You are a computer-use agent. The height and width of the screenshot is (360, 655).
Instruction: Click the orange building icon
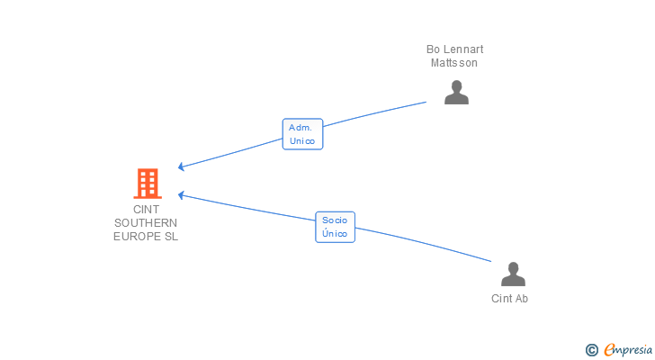(148, 184)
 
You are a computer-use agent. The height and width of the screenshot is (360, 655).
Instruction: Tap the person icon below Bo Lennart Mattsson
(456, 93)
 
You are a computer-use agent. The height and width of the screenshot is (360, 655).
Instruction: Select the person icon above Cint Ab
(513, 274)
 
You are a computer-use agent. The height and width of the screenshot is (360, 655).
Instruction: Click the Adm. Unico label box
(302, 134)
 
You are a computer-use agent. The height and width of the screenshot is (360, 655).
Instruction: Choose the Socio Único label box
(335, 227)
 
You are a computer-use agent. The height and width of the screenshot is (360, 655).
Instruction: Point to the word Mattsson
(454, 63)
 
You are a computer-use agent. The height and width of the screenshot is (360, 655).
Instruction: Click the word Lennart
(463, 49)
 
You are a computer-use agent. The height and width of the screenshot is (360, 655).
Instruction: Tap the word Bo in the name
(433, 49)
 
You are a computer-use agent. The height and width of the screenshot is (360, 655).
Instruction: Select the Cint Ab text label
(509, 299)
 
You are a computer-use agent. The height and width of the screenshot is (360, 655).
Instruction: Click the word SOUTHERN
(146, 223)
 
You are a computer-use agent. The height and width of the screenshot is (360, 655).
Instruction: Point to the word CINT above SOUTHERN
(146, 209)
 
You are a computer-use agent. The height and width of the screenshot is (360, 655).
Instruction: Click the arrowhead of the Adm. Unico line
(181, 166)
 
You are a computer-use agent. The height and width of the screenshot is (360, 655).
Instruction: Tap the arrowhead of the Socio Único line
(181, 195)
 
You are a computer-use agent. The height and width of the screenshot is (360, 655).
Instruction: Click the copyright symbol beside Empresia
(591, 350)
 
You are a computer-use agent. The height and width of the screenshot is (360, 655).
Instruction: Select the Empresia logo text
(628, 349)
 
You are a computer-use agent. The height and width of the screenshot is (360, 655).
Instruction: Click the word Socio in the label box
(335, 220)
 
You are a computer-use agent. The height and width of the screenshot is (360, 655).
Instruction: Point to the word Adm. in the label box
(301, 128)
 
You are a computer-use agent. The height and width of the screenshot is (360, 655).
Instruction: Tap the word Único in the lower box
(335, 233)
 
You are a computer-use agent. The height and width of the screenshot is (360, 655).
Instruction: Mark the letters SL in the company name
(171, 237)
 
